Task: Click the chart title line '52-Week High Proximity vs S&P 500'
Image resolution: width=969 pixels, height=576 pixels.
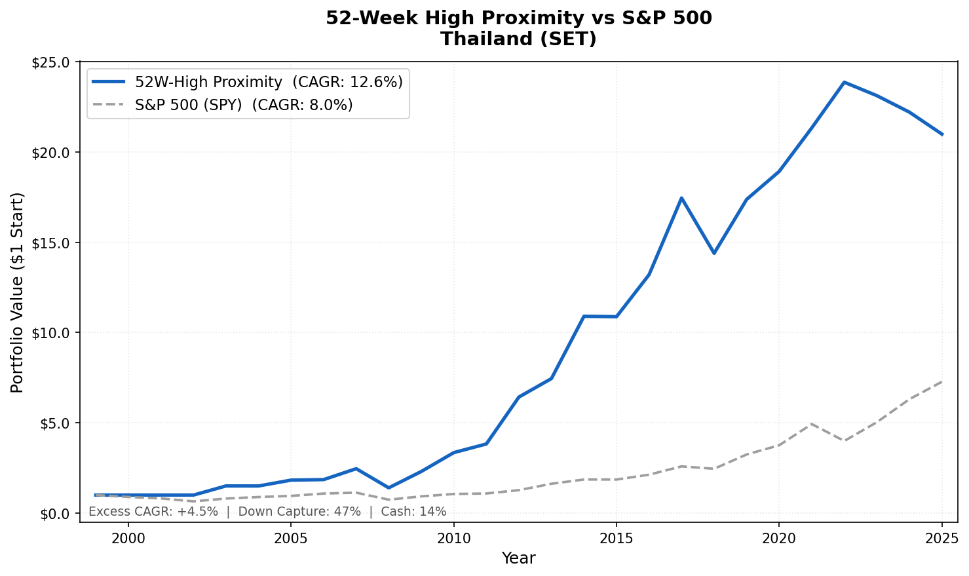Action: coord(518,18)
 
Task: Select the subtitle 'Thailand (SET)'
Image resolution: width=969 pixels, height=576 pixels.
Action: coord(518,39)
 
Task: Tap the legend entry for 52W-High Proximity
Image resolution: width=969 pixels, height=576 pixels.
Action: coord(269,82)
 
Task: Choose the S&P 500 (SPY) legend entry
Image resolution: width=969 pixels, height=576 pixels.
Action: coord(244,105)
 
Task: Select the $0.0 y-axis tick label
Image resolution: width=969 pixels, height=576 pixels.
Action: coord(54,513)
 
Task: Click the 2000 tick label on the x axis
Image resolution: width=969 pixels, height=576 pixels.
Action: coord(128,539)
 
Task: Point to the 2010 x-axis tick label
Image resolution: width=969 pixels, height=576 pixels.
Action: coord(453,539)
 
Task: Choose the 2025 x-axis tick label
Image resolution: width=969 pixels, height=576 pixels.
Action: coord(941,539)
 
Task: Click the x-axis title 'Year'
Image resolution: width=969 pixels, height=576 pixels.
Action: coord(518,558)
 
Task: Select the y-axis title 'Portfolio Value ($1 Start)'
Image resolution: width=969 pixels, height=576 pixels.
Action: coord(18,292)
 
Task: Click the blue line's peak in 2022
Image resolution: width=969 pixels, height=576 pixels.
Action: coord(844,83)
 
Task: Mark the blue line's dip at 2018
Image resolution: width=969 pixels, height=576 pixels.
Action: coord(713,253)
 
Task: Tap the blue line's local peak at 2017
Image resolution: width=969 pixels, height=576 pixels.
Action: coord(681,198)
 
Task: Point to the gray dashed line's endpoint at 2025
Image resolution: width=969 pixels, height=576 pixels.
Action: coord(941,381)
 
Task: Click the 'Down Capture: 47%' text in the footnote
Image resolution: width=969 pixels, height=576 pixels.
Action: coord(299,512)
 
